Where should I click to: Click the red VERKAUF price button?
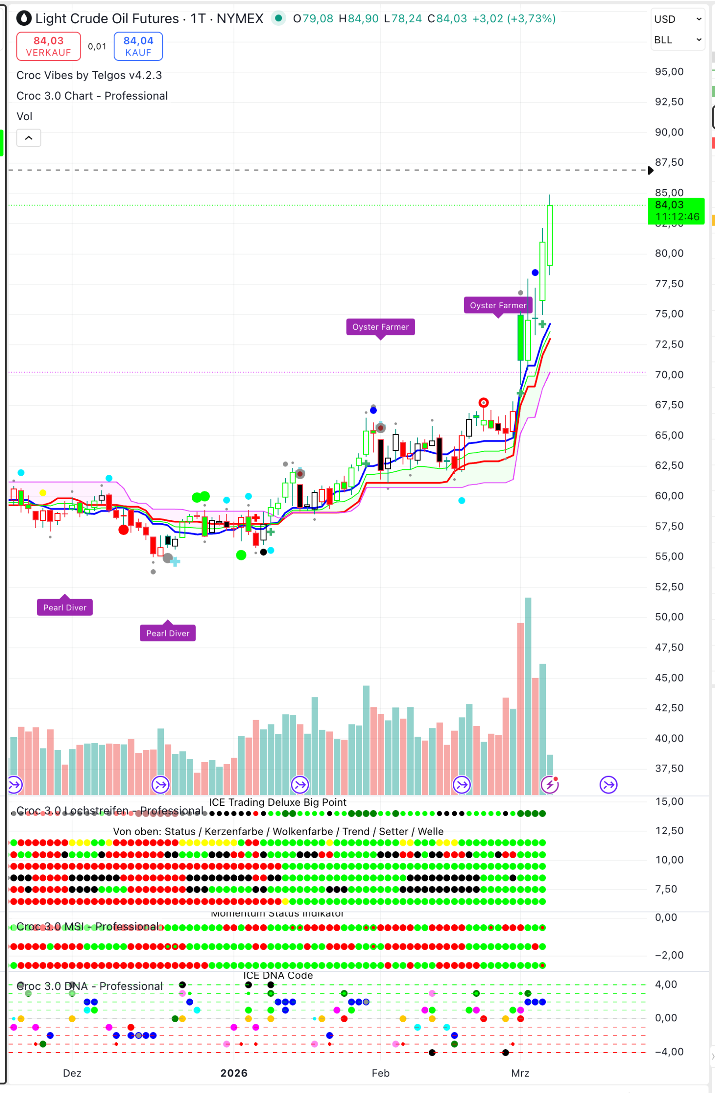(49, 46)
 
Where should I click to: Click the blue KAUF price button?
(138, 46)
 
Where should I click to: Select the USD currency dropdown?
(677, 19)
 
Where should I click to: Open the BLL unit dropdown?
(677, 40)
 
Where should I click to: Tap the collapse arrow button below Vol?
(28, 138)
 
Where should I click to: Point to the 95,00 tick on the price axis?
(669, 72)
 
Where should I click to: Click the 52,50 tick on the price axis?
(669, 587)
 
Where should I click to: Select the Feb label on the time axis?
(380, 1073)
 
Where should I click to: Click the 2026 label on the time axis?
(234, 1073)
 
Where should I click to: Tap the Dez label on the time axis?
(72, 1073)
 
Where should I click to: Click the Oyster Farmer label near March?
(498, 306)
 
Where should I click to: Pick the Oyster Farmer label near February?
(380, 327)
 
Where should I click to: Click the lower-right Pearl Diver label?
(168, 634)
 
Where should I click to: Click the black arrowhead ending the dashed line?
(650, 171)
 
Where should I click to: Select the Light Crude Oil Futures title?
(107, 19)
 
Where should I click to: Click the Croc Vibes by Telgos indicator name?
(89, 75)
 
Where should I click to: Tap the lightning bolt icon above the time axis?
(549, 785)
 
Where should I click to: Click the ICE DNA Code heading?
(278, 975)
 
